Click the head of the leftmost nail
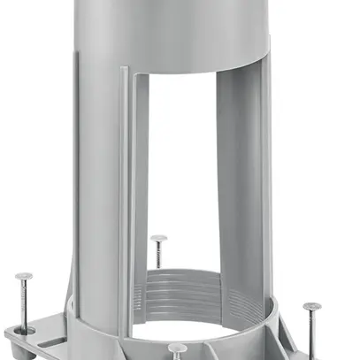pos(24,278)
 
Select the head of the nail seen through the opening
pos(158,238)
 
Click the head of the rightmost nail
pos(311,307)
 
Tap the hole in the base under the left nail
pos(27,329)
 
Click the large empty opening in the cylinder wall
pos(181,177)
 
